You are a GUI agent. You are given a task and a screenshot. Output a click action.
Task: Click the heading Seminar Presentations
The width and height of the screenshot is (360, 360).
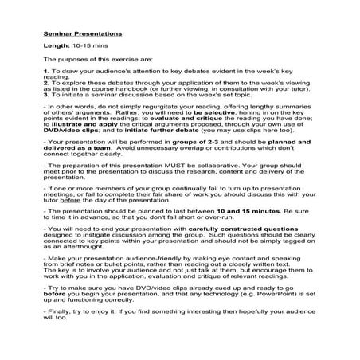[x=83, y=35]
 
